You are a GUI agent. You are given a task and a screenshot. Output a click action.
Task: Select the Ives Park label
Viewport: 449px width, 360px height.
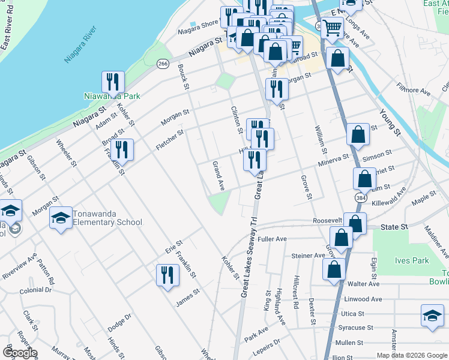tap(412, 260)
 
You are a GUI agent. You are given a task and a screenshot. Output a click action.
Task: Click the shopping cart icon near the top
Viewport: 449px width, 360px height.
tap(332, 27)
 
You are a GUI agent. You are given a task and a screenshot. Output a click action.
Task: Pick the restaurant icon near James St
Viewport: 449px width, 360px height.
tap(167, 275)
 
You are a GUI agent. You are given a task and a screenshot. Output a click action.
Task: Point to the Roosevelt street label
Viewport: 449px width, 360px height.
tap(327, 221)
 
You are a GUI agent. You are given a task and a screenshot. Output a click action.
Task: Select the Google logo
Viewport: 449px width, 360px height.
tap(20, 353)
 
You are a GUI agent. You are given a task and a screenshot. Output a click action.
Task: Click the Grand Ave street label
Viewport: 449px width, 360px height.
tap(218, 176)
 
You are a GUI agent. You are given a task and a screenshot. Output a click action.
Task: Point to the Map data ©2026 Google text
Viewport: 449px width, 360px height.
tap(411, 355)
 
